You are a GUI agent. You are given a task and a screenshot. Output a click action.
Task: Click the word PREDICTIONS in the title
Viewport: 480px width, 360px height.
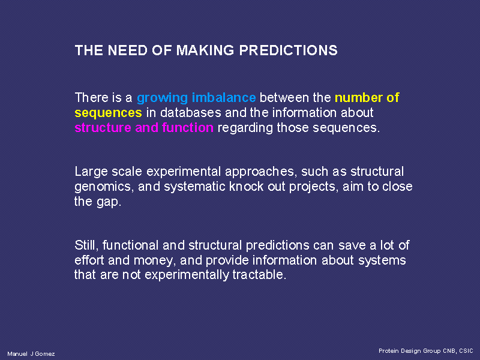(288, 50)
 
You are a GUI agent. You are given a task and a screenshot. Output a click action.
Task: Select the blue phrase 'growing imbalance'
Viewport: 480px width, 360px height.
(196, 98)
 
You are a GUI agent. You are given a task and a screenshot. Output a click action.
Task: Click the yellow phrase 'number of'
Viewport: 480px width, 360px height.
(367, 98)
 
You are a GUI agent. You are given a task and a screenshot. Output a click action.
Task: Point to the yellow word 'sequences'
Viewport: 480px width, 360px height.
(109, 113)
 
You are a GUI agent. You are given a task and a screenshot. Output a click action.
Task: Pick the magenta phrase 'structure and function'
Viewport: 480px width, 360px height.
(144, 127)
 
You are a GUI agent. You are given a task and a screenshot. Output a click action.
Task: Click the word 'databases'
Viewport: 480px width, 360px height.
(190, 112)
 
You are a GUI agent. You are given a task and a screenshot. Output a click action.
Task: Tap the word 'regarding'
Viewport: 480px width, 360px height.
(245, 128)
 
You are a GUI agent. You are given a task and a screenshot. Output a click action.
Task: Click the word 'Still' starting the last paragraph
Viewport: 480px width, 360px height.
(86, 245)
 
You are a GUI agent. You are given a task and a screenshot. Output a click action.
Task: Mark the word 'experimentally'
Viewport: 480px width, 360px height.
(187, 275)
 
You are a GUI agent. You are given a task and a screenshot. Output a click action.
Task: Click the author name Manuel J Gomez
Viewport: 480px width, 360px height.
(31, 354)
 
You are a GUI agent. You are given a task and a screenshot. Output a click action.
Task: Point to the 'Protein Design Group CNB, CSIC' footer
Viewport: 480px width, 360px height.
(426, 351)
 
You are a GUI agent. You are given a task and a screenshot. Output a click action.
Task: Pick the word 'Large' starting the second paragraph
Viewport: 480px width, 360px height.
(91, 172)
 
